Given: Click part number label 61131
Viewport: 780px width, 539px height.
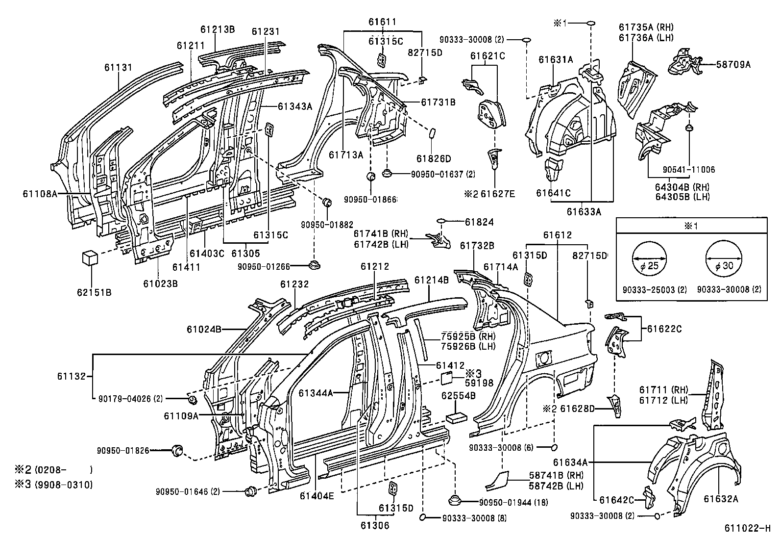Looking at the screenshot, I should point(118,67).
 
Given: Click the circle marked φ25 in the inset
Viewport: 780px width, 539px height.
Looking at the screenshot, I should point(650,259).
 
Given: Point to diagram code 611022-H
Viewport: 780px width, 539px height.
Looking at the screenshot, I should point(748,528).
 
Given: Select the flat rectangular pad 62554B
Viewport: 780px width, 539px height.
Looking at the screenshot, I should point(456,417).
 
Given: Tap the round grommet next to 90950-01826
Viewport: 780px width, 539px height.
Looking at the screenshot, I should point(176,450).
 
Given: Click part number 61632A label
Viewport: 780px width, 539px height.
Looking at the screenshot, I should point(721,499).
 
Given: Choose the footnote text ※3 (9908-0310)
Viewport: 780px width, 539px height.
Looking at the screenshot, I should point(54,485).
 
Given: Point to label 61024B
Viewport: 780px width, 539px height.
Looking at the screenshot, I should point(204,329).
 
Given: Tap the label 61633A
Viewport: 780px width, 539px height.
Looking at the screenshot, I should point(584,212).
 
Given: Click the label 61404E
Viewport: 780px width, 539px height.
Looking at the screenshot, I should point(317,495).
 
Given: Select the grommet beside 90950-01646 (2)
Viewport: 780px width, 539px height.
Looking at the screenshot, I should point(250,490).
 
